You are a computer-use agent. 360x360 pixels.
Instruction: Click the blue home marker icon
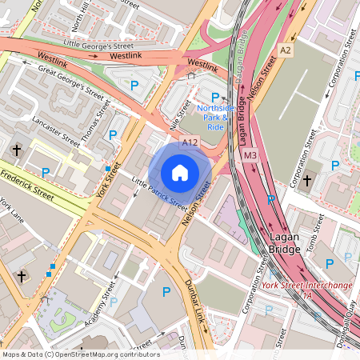[180, 172]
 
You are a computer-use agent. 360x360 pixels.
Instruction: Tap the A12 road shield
[190, 142]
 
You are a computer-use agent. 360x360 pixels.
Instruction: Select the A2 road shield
[286, 50]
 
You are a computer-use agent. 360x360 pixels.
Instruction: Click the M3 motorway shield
[250, 154]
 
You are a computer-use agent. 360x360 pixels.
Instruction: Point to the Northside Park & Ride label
[215, 117]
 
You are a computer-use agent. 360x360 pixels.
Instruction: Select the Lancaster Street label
[55, 132]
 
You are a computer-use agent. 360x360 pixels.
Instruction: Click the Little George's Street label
[98, 44]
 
